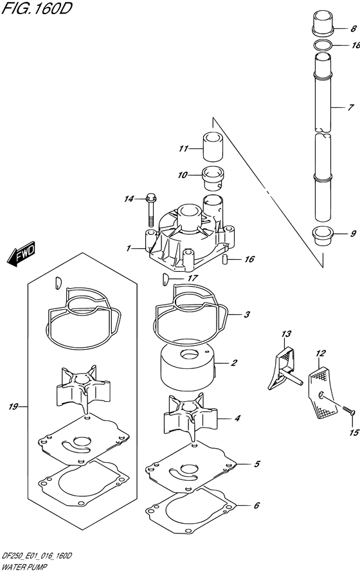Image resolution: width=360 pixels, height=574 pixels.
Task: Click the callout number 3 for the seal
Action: click(x=246, y=315)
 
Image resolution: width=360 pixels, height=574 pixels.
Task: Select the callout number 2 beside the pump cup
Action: click(x=234, y=363)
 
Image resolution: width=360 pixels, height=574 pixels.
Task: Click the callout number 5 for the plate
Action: click(x=256, y=463)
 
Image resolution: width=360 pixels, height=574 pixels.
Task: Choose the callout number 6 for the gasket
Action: click(x=256, y=505)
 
